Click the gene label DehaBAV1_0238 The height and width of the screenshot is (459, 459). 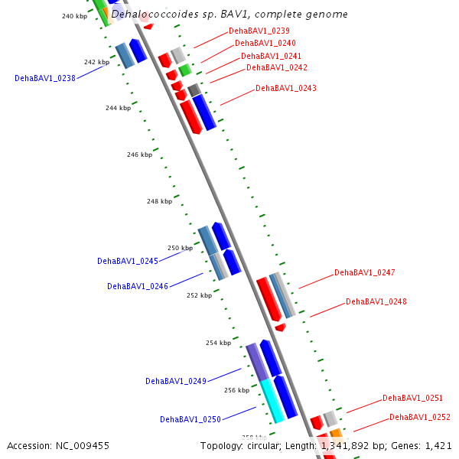45,78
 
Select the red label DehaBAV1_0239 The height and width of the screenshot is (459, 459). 259,31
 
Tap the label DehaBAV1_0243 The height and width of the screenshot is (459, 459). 286,89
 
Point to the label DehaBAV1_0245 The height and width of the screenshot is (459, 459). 128,261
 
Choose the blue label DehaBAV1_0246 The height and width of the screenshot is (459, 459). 138,286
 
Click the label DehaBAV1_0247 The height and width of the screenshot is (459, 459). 365,273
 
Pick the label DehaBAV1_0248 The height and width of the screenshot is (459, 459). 376,301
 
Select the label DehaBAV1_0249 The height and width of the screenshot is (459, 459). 176,381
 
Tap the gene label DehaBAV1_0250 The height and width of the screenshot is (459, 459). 190,419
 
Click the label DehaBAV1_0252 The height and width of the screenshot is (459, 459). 420,418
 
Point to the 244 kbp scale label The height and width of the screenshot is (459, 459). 118,108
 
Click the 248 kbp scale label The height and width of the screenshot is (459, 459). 159,201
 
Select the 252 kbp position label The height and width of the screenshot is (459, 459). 199,295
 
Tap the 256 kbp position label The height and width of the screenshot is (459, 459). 237,390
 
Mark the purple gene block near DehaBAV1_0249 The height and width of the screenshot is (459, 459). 257,361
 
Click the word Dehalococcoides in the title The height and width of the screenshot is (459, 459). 150,14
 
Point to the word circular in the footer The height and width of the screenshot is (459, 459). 263,445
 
